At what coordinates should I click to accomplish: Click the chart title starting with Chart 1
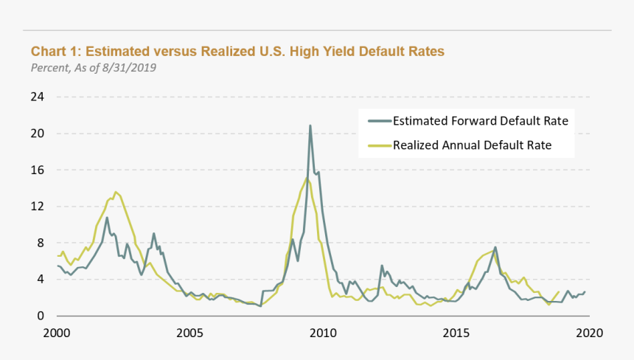click(x=237, y=52)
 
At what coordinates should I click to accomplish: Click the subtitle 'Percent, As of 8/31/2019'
click(x=94, y=68)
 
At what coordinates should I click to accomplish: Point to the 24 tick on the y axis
click(x=38, y=97)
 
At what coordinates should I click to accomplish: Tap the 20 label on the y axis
click(x=38, y=134)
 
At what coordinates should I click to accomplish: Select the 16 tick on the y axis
click(x=38, y=170)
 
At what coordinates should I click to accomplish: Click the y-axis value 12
click(x=38, y=207)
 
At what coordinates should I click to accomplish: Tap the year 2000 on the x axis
click(x=57, y=333)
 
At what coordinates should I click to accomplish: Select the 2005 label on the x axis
click(x=189, y=333)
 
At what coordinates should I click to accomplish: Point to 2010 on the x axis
click(x=322, y=333)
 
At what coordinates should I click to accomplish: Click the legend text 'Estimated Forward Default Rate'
click(x=481, y=121)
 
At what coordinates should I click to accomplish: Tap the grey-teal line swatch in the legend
click(x=378, y=121)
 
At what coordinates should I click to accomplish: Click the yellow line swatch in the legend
click(x=378, y=145)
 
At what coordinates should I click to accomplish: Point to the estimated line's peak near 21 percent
click(x=310, y=125)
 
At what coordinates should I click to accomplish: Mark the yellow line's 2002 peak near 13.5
click(x=116, y=192)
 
